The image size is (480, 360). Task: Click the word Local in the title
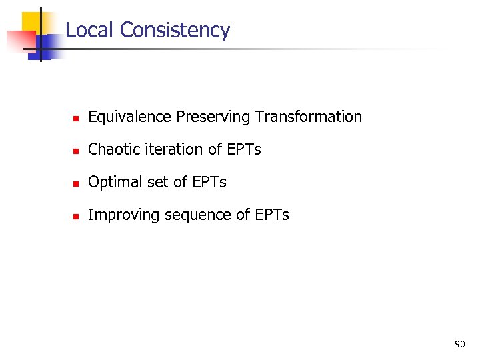[x=90, y=30]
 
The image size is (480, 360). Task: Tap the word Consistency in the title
[x=175, y=30]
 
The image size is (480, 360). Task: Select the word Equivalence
[x=130, y=117]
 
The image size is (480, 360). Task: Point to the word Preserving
[x=211, y=117]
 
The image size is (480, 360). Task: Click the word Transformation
[x=307, y=117]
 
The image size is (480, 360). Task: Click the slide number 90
[x=459, y=344]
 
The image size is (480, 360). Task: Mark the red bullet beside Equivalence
[x=76, y=118]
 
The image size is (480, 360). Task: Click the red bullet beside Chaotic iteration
[x=76, y=151]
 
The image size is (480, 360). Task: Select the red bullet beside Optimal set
[x=76, y=183]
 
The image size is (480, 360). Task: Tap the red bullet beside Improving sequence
[x=76, y=216]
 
